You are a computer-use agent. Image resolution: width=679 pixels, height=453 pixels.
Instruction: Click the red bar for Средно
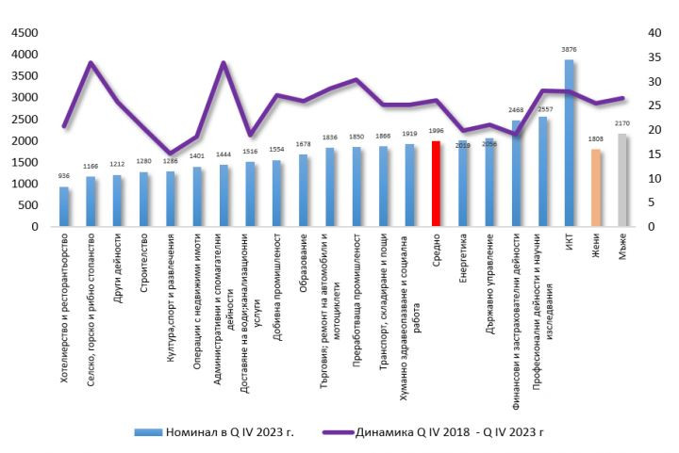click(436, 184)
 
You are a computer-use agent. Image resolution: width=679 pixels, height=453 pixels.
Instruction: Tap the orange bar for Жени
click(595, 187)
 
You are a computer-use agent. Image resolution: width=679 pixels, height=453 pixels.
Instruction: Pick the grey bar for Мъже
click(621, 180)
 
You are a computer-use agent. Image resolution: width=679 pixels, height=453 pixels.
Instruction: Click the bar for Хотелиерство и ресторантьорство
click(64, 206)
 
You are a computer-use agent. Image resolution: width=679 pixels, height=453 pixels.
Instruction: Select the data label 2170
click(621, 123)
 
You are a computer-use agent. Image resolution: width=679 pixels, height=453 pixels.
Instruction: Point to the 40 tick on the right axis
click(652, 32)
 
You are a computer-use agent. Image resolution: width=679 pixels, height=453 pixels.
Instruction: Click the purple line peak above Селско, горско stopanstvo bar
click(91, 63)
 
